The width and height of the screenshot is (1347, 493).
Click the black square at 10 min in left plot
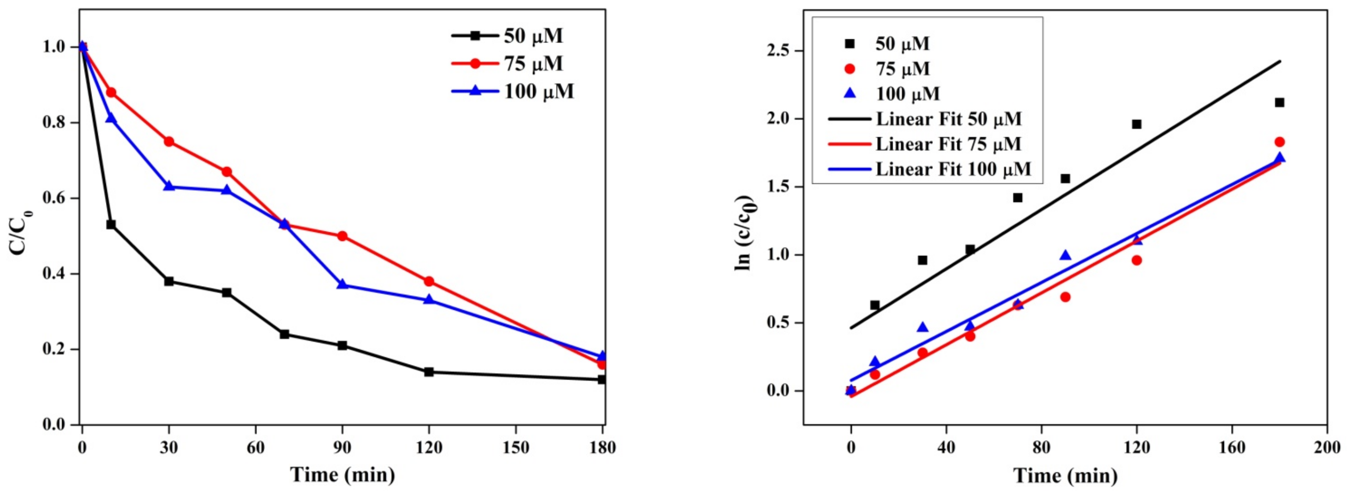(111, 225)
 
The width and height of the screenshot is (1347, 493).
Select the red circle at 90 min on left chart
(342, 236)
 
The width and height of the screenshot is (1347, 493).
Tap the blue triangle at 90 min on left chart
(342, 284)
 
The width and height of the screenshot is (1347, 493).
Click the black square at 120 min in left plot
(429, 372)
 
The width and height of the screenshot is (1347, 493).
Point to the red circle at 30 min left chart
(169, 142)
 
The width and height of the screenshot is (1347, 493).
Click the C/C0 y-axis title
(21, 232)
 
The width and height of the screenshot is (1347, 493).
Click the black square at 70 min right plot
(1018, 198)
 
